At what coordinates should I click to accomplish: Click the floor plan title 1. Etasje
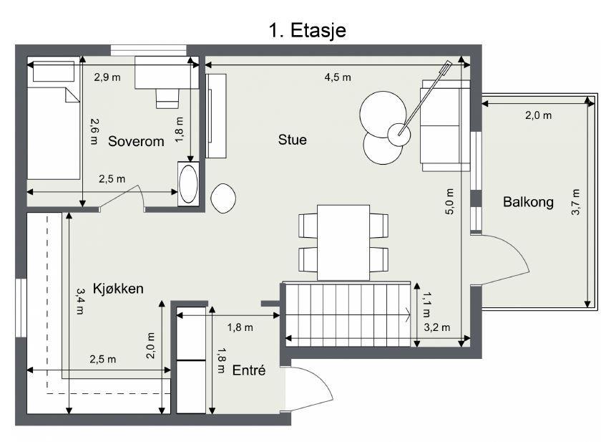(308, 29)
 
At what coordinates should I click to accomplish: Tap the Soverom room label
(136, 141)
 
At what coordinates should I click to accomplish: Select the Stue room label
(292, 140)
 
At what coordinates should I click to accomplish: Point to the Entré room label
(249, 370)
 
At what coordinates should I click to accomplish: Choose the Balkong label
(528, 202)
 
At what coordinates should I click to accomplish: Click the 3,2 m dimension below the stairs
(436, 328)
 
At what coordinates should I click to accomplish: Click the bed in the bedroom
(53, 133)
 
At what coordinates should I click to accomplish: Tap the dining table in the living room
(343, 242)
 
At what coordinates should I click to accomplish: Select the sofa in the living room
(444, 125)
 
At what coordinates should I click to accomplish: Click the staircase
(347, 314)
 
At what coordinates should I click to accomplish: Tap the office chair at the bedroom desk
(167, 97)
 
